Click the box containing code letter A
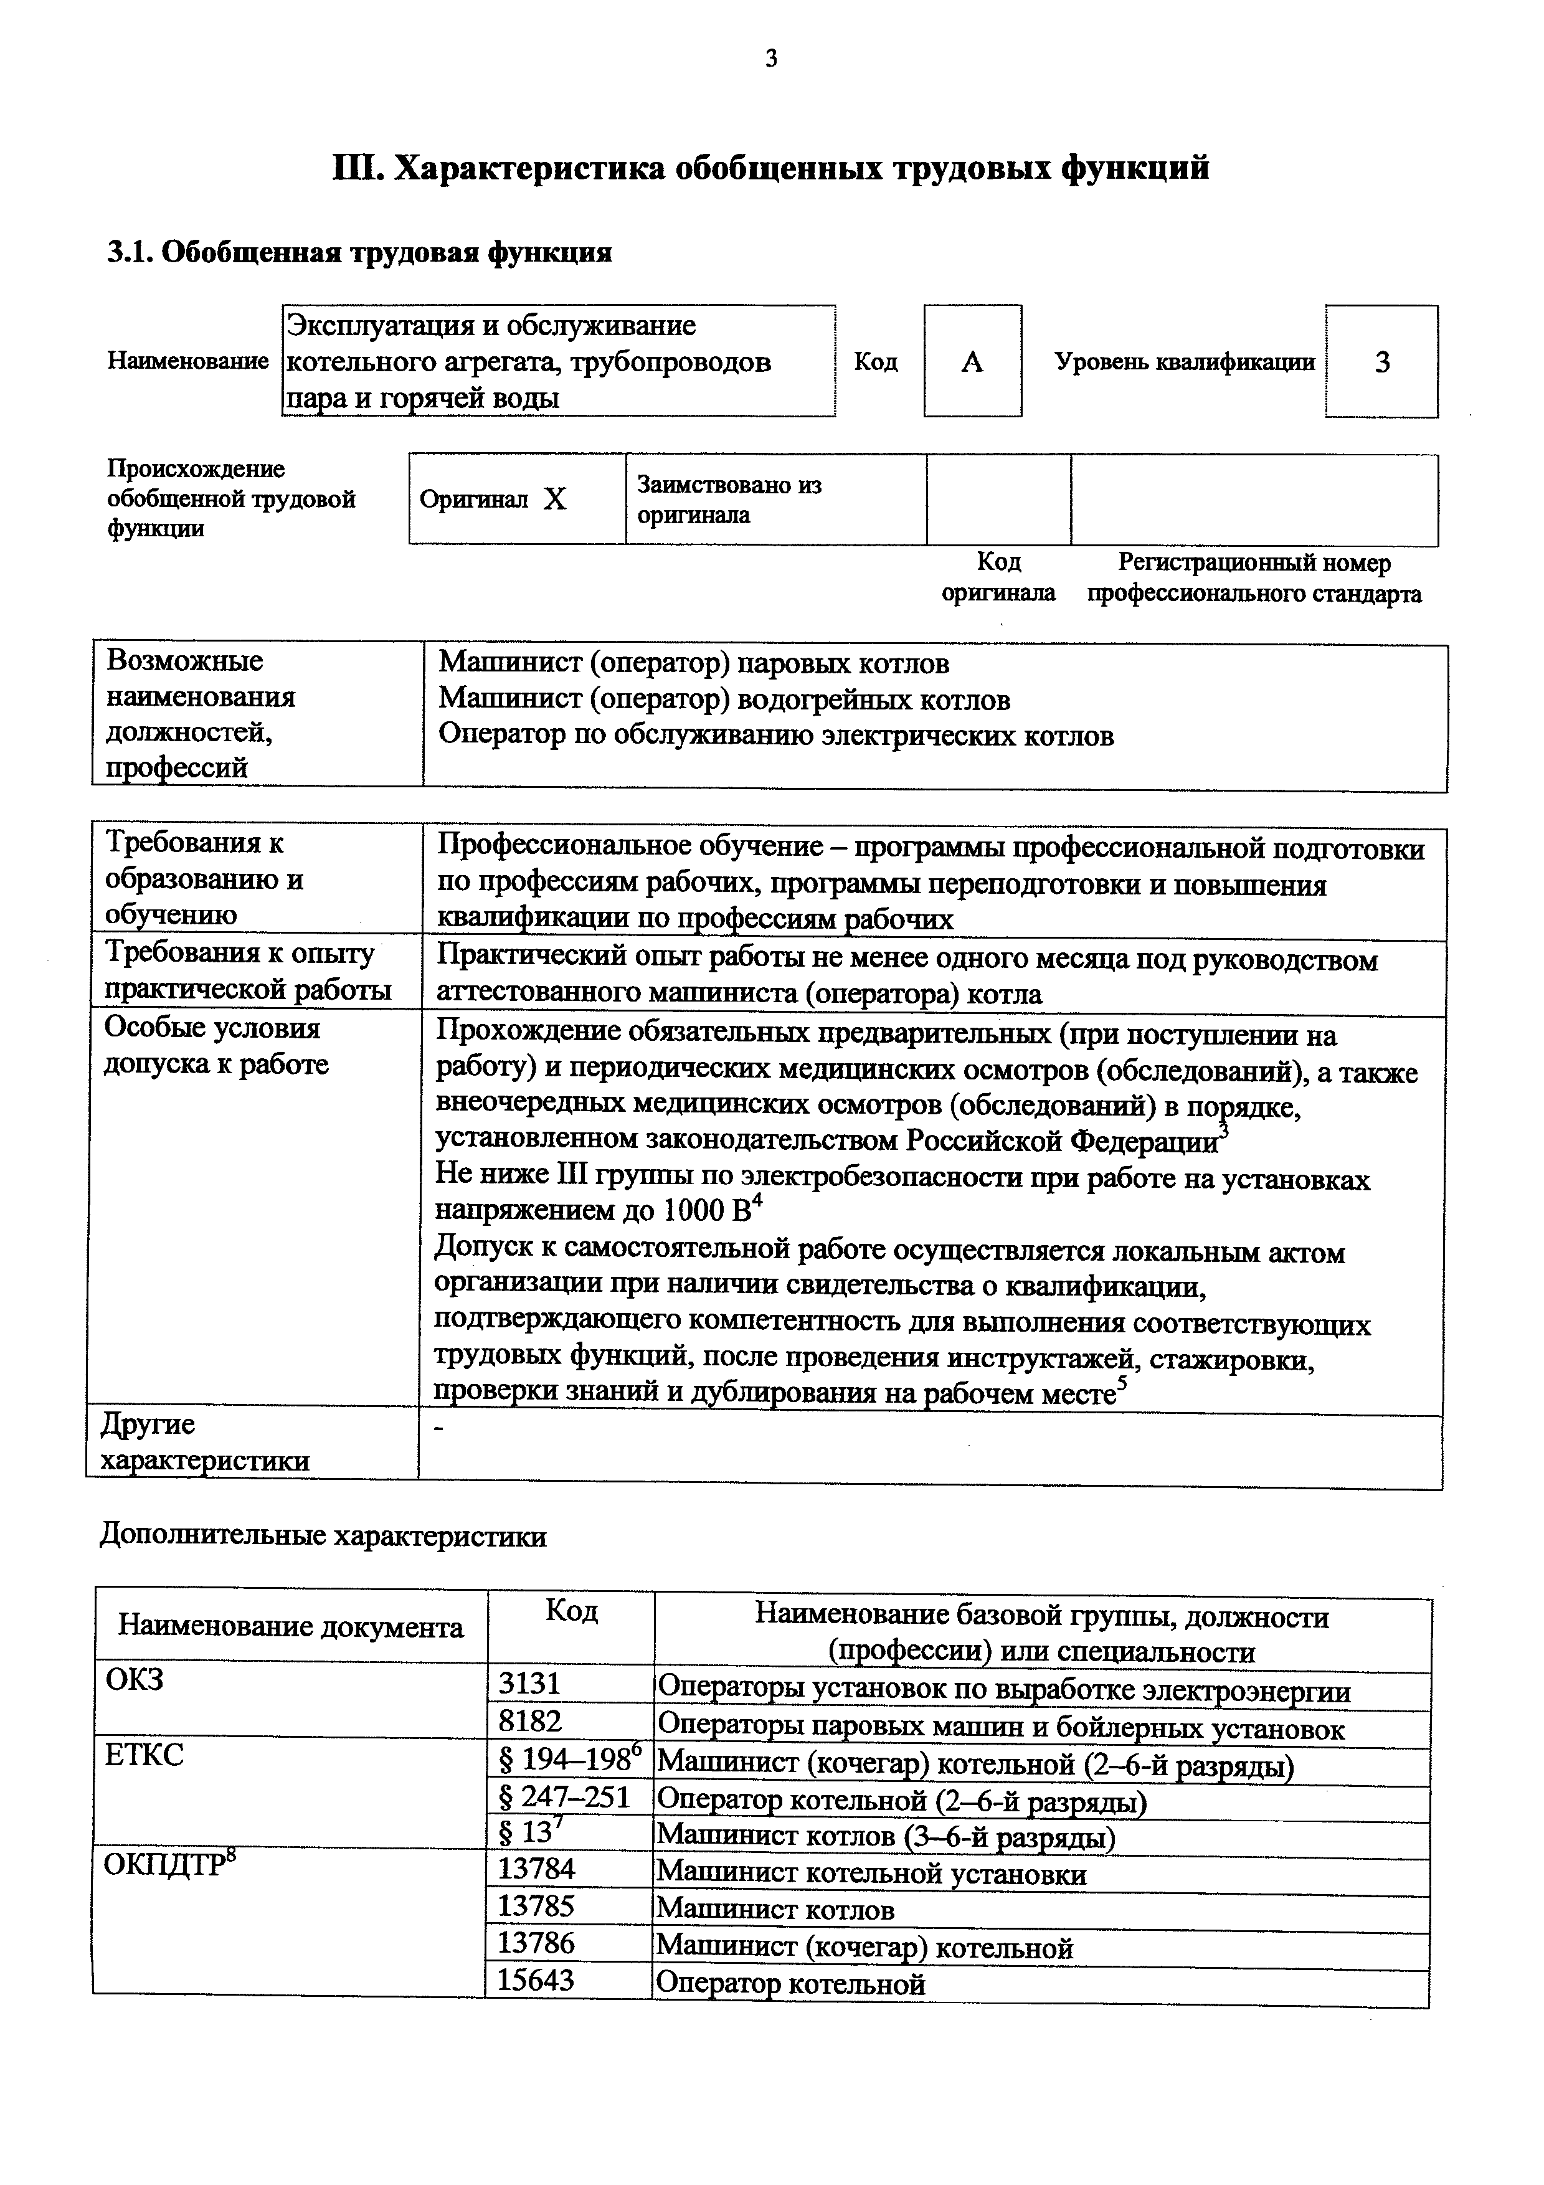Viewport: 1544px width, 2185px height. tap(972, 362)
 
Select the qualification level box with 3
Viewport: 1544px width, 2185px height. tap(1381, 362)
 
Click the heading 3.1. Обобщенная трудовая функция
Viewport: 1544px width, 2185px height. tap(359, 253)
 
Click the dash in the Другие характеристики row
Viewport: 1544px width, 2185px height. tap(438, 1428)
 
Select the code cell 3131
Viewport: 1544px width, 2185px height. tap(530, 1684)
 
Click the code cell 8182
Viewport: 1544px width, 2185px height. tap(530, 1722)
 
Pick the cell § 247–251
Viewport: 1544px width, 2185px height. tap(564, 1797)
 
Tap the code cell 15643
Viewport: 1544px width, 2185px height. tap(536, 1981)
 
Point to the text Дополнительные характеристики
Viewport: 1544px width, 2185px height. tap(323, 1537)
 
